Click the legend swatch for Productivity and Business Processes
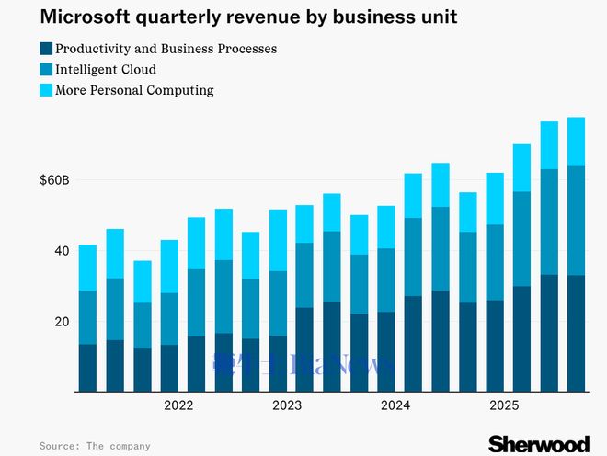(46, 49)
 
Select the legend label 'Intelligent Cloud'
(106, 69)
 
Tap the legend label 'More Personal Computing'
(134, 90)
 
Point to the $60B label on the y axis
(54, 181)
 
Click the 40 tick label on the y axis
(61, 251)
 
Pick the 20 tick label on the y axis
(61, 322)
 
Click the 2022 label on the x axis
(178, 405)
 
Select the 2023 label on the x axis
(287, 405)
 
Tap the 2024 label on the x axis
(395, 405)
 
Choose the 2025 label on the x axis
(504, 405)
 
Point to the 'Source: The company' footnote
(95, 446)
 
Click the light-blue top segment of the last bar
(577, 142)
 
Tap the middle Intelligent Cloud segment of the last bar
(577, 221)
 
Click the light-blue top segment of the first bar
(87, 268)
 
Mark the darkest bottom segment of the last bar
(577, 333)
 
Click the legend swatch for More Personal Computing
(46, 90)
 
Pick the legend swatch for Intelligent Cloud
(46, 69)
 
